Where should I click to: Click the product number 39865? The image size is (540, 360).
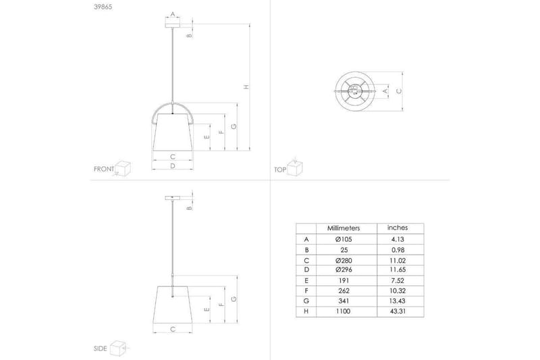(x=104, y=8)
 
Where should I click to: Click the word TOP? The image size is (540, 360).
(x=279, y=170)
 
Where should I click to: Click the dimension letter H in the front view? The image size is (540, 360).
(x=246, y=86)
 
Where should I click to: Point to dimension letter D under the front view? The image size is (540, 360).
(x=173, y=165)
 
